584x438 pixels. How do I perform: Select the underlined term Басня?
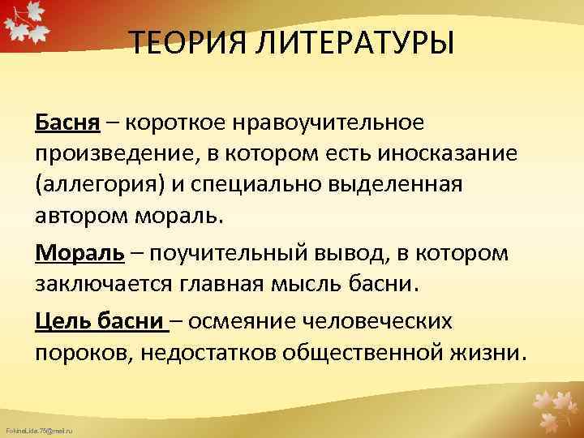coord(67,122)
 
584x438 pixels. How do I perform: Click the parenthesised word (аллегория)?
coord(100,184)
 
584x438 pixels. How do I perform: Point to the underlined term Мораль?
coord(79,252)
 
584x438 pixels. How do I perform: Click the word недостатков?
coord(191,352)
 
